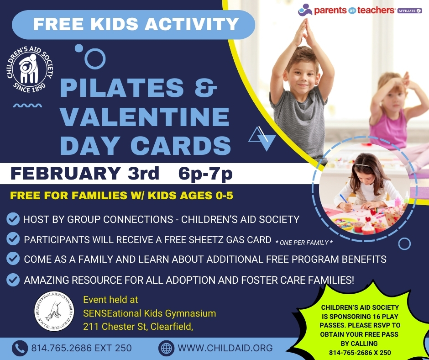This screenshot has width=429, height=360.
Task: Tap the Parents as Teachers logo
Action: (347, 10)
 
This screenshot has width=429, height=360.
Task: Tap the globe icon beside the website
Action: (167, 348)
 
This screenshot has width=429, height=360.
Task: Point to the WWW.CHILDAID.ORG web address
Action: (225, 348)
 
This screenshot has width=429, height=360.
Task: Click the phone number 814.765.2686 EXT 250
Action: (81, 348)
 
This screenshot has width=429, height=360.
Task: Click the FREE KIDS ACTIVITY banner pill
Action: (133, 24)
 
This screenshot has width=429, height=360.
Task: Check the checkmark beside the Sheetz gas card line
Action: (13, 239)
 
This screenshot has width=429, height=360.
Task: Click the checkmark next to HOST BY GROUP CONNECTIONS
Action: (13, 219)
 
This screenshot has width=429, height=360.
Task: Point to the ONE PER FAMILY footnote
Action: (304, 243)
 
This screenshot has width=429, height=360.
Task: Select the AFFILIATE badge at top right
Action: (410, 10)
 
